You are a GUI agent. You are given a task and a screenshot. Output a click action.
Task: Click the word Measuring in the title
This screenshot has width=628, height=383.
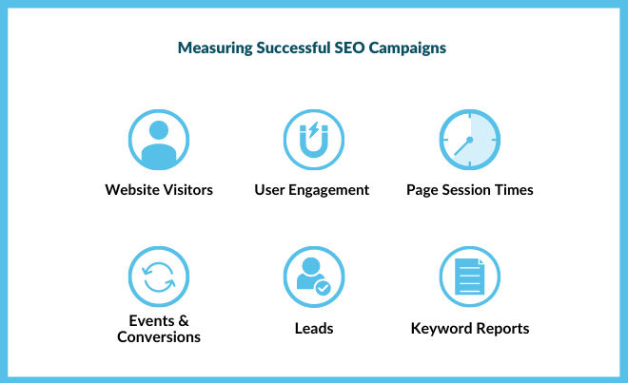pyautogui.click(x=211, y=48)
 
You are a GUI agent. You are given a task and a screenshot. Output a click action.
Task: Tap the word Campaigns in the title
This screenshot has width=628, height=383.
pyautogui.click(x=411, y=48)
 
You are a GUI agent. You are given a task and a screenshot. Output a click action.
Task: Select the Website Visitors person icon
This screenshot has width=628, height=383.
pyautogui.click(x=159, y=140)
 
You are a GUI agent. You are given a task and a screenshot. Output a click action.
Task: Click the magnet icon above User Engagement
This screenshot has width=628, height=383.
pyautogui.click(x=314, y=140)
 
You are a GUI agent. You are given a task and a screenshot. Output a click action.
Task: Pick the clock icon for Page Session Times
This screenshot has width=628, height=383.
pyautogui.click(x=469, y=140)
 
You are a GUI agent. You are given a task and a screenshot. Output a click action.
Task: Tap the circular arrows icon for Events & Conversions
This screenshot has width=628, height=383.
pyautogui.click(x=159, y=277)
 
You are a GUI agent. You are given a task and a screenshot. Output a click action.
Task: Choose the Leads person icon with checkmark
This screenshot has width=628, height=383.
pyautogui.click(x=314, y=277)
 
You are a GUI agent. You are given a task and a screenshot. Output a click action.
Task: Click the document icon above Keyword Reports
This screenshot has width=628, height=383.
pyautogui.click(x=469, y=277)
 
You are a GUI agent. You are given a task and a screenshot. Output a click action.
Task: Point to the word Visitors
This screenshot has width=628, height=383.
pyautogui.click(x=185, y=190)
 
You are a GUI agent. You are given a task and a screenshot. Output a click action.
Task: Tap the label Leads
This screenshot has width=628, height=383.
pyautogui.click(x=314, y=329)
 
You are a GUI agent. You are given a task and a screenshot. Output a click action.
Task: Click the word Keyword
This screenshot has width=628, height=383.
pyautogui.click(x=442, y=329)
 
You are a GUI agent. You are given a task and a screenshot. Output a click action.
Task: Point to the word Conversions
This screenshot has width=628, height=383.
pyautogui.click(x=159, y=337)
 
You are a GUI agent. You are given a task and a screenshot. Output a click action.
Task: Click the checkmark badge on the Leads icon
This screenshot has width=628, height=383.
pyautogui.click(x=324, y=286)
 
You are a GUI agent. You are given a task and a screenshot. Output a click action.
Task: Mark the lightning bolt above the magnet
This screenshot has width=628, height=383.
pyautogui.click(x=314, y=130)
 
